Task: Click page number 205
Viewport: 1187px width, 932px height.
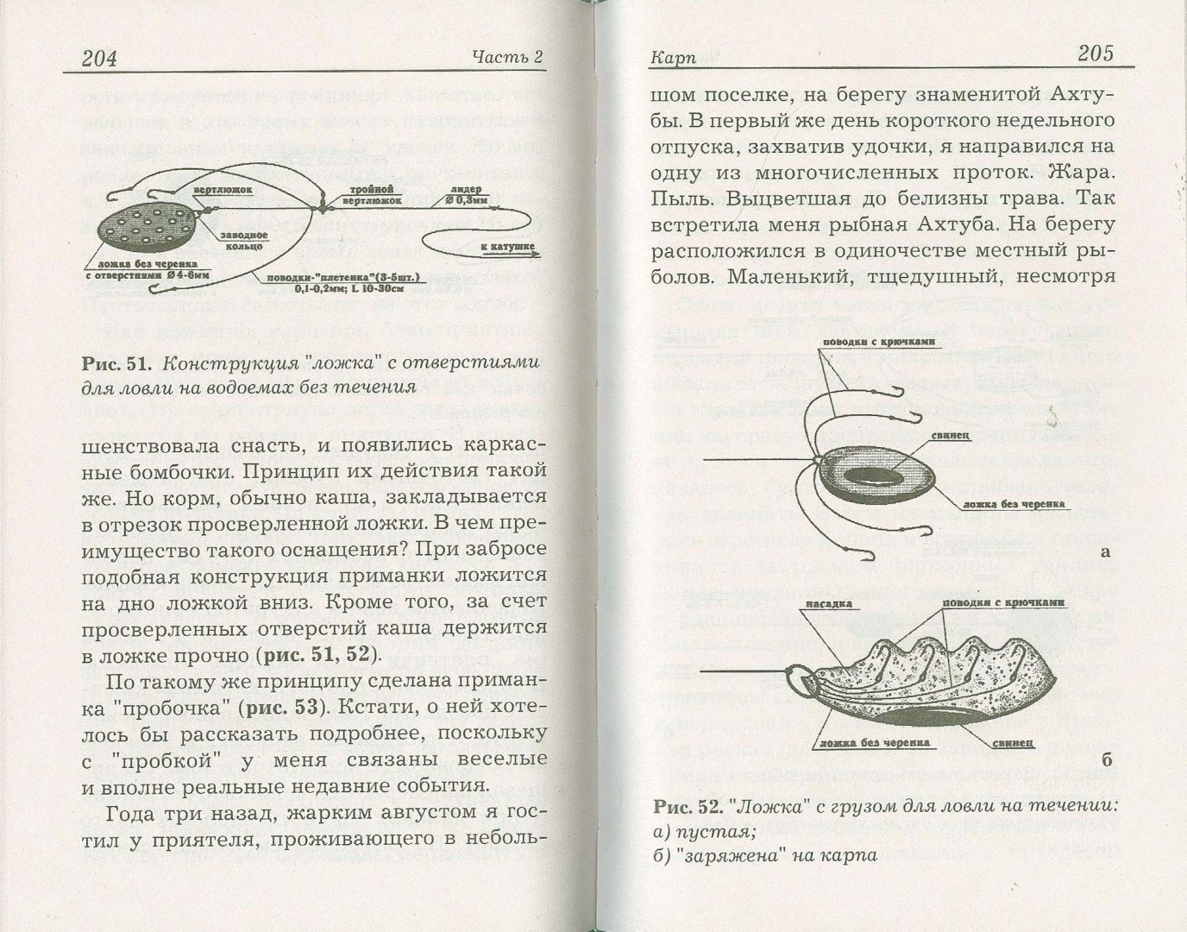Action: [x=1096, y=54]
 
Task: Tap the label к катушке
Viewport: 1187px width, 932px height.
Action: [x=507, y=248]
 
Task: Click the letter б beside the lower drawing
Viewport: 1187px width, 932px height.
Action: [x=1107, y=759]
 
